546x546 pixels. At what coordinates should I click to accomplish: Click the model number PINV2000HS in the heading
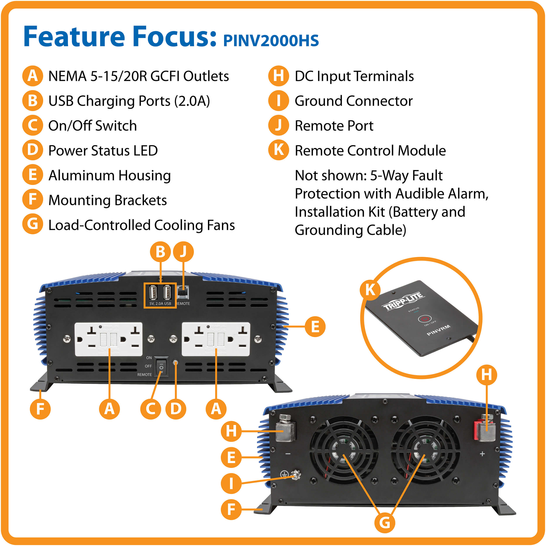click(271, 41)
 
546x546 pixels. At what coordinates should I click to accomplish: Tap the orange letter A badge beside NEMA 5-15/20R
click(33, 76)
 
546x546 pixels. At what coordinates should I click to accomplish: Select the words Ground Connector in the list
click(353, 101)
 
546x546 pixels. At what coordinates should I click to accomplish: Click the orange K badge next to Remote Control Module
click(278, 150)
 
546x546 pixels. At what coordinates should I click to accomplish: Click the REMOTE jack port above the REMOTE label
click(183, 292)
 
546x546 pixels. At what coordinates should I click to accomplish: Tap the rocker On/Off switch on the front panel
click(161, 367)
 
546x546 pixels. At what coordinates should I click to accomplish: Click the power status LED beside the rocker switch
click(176, 363)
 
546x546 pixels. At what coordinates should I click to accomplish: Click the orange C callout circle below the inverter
click(151, 409)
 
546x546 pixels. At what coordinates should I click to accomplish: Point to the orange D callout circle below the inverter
click(176, 409)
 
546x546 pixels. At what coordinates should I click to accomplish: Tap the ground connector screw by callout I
click(296, 476)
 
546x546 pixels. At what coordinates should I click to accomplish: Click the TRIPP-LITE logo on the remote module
click(403, 301)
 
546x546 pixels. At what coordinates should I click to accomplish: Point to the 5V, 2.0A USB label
click(160, 304)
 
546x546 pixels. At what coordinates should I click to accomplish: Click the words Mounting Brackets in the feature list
click(107, 200)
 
